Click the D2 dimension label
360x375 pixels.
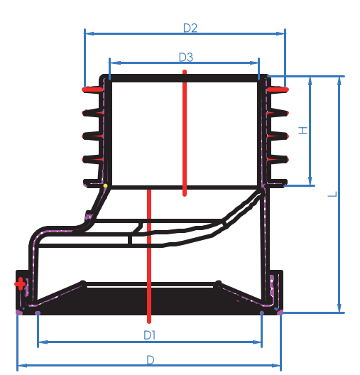pos(190,28)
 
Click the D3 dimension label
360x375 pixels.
pos(185,57)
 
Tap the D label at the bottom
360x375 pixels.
pos(150,359)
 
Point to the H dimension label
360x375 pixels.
pos(302,131)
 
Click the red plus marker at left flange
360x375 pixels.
pos(20,284)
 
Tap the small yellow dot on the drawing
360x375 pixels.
pos(105,186)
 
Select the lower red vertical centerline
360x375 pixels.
pos(149,256)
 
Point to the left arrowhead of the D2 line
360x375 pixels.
pos(87,32)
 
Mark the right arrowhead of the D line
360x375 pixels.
pos(279,366)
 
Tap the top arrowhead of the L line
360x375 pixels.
pos(340,79)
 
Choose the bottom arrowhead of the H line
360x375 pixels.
pos(310,183)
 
